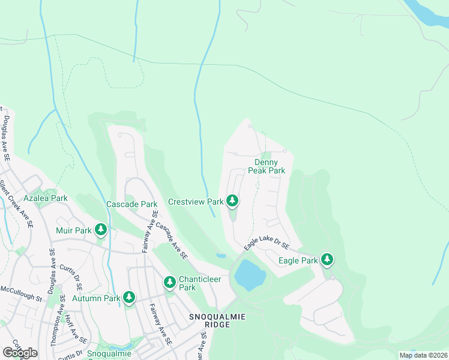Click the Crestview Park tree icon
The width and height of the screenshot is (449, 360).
(x=232, y=202)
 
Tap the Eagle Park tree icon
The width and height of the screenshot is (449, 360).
(x=327, y=260)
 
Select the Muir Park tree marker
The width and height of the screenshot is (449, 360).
(x=101, y=229)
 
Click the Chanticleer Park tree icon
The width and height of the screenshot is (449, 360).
(x=170, y=282)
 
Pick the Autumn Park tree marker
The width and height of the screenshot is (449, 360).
(x=128, y=297)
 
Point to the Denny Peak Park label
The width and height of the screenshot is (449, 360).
(x=270, y=166)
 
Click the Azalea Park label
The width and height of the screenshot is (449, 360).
(x=45, y=198)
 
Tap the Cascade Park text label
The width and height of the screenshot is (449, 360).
(x=131, y=204)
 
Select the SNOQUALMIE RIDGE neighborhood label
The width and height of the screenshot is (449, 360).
(x=209, y=319)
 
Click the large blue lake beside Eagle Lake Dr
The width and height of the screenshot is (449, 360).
(x=250, y=275)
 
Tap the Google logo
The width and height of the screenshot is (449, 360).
(x=20, y=352)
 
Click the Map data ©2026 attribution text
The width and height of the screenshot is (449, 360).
(x=423, y=355)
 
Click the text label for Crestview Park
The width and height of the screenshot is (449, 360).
(x=196, y=202)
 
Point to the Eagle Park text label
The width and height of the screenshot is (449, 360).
(x=298, y=260)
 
